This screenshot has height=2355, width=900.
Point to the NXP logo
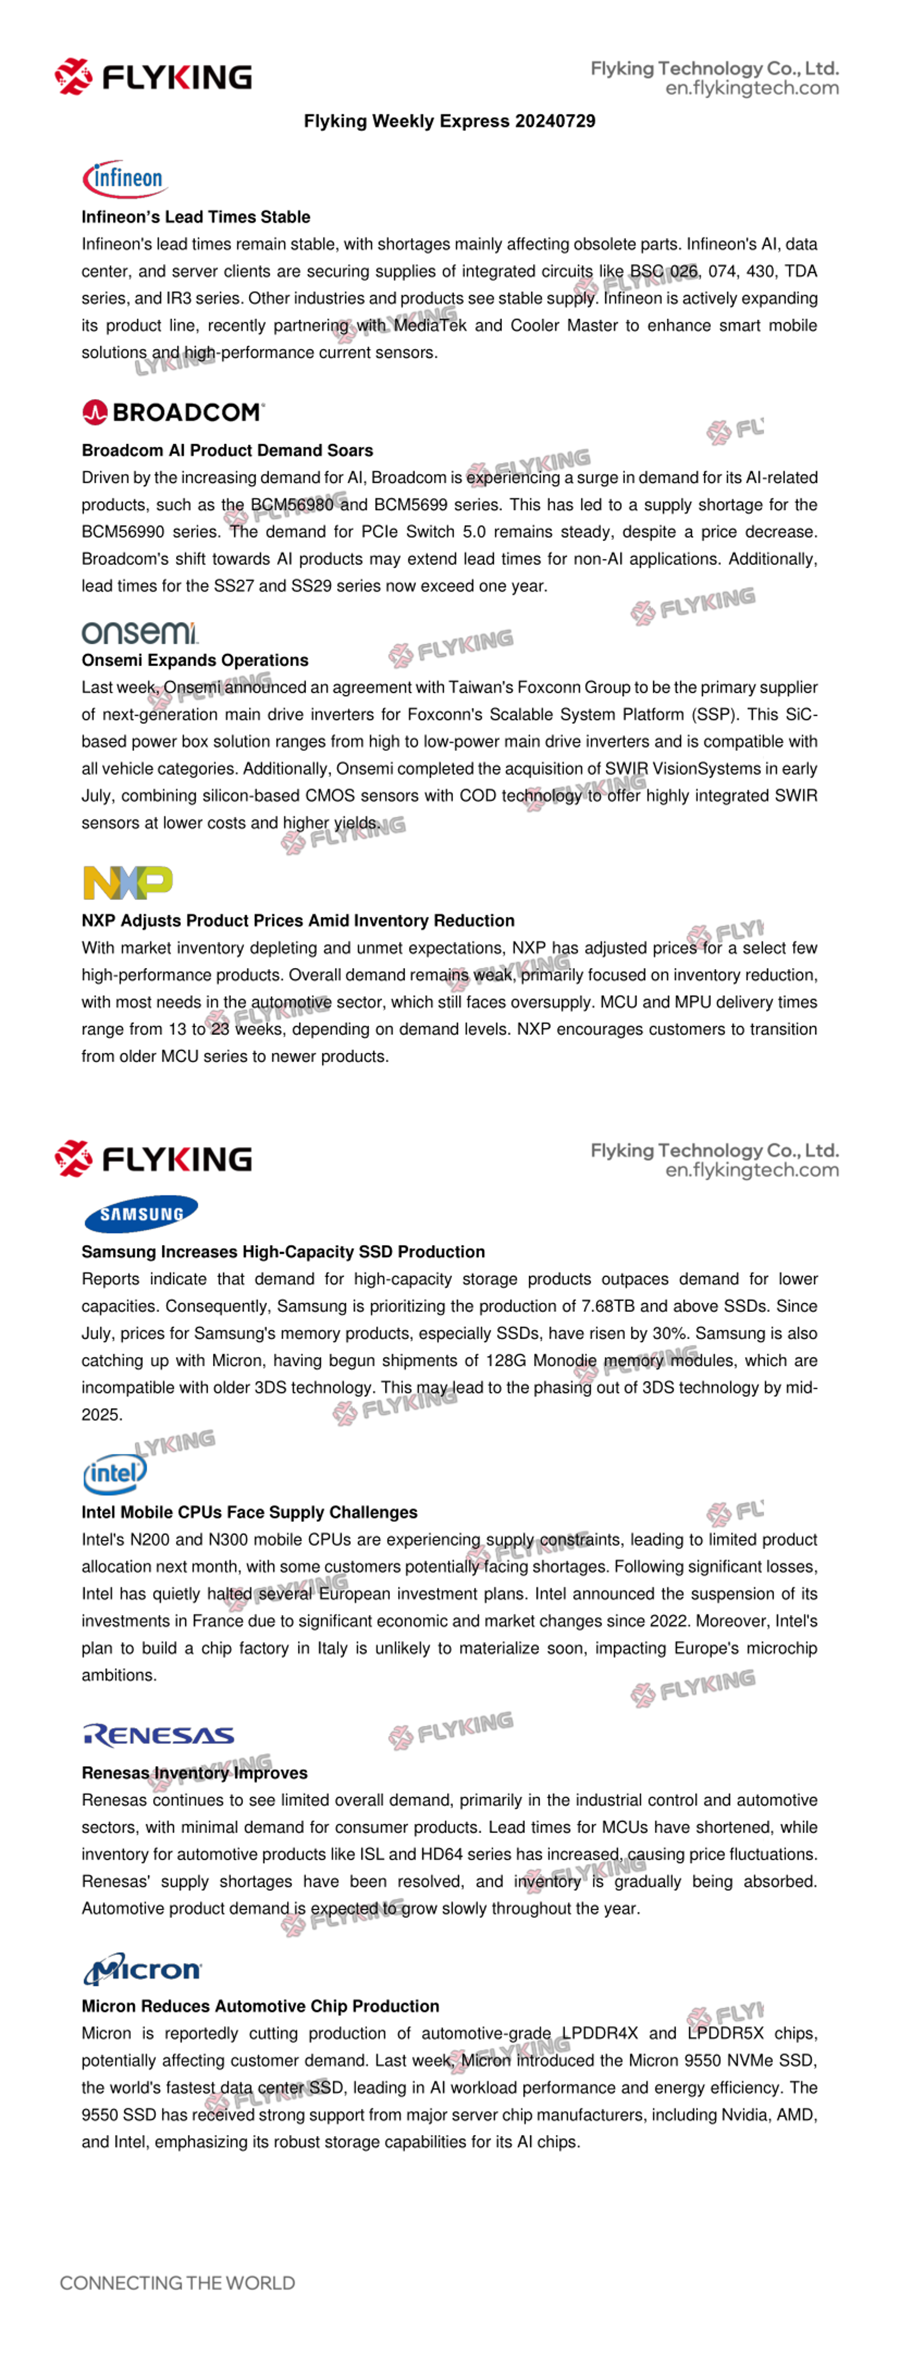point(127,882)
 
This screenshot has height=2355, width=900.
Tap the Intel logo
point(114,1473)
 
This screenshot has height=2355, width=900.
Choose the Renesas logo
point(158,1734)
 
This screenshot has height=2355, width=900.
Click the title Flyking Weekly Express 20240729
point(449,121)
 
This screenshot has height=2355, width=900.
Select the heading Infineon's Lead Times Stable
point(196,217)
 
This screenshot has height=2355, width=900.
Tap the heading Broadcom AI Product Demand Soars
point(227,450)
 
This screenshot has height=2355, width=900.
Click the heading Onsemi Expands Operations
point(195,660)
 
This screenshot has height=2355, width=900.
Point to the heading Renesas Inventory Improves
point(194,1773)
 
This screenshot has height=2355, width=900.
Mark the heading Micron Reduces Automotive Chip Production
point(260,2006)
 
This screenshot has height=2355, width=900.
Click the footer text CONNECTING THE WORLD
point(177,2283)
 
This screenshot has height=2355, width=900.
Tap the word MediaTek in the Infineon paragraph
point(430,326)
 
